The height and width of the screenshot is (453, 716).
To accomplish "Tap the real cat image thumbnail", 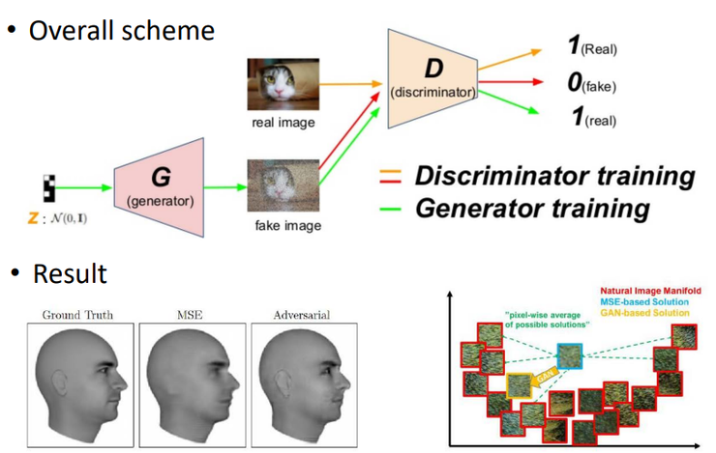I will pos(278,83).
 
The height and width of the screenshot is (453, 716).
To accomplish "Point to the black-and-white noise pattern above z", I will pos(50,187).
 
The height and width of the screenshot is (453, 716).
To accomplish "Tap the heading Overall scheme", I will pos(121,29).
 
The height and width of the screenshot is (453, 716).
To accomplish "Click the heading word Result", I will pos(70,273).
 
